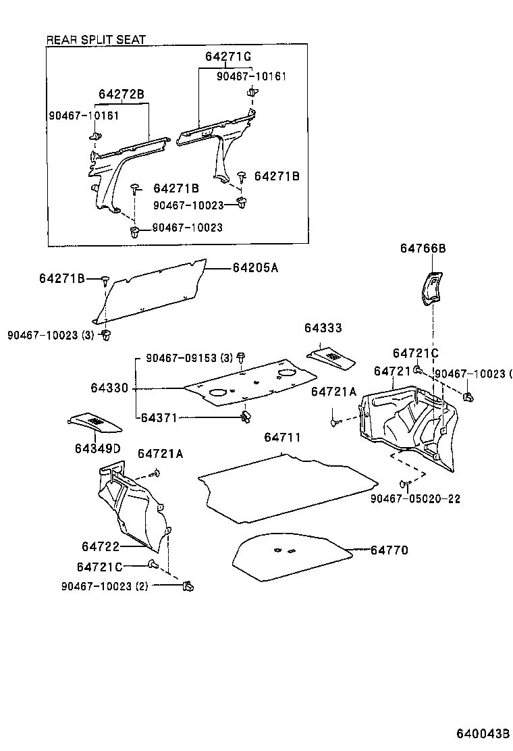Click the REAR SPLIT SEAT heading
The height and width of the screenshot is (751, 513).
pyautogui.click(x=95, y=41)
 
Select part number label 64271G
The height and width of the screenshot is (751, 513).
pyautogui.click(x=227, y=57)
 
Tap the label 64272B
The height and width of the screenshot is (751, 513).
pyautogui.click(x=122, y=94)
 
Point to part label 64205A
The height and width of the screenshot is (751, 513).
pyautogui.click(x=255, y=268)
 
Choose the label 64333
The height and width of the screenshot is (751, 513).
pyautogui.click(x=323, y=328)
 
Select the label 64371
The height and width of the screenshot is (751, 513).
pyautogui.click(x=159, y=418)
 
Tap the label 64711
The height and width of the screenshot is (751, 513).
pyautogui.click(x=282, y=438)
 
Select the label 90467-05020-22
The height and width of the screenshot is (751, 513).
pyautogui.click(x=415, y=498)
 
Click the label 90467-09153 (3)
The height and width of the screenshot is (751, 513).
pyautogui.click(x=190, y=357)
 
